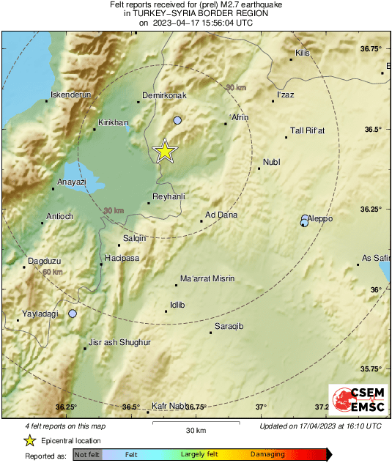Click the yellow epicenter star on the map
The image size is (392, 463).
[165, 150]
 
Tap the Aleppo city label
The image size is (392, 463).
[319, 218]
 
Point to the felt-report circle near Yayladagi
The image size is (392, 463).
[73, 314]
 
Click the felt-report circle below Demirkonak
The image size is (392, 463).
[177, 120]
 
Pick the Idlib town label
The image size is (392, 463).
[177, 304]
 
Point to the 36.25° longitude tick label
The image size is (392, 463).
[66, 407]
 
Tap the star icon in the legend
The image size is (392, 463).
[29, 440]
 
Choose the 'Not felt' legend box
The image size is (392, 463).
[86, 455]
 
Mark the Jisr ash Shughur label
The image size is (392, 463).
[119, 342]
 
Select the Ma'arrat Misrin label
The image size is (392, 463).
[207, 278]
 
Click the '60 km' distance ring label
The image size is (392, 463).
[52, 272]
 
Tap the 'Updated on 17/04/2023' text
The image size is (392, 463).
[320, 426]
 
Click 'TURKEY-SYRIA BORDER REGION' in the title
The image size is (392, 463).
[196, 13]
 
